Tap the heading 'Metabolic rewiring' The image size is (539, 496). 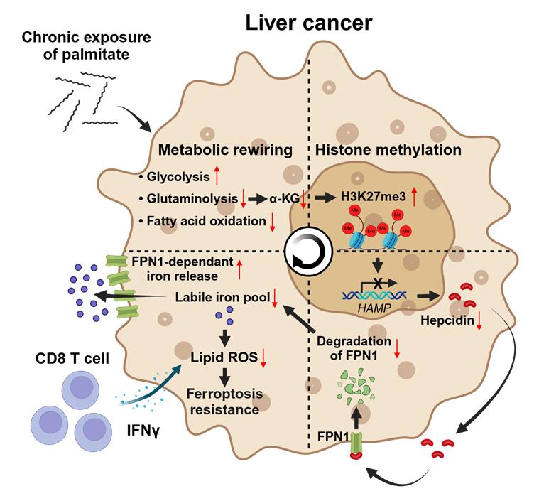tap(226, 151)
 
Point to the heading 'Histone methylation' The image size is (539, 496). tap(388, 151)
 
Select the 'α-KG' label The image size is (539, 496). tap(283, 200)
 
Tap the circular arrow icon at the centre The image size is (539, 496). tap(307, 250)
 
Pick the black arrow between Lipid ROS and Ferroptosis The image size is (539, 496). tap(227, 374)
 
